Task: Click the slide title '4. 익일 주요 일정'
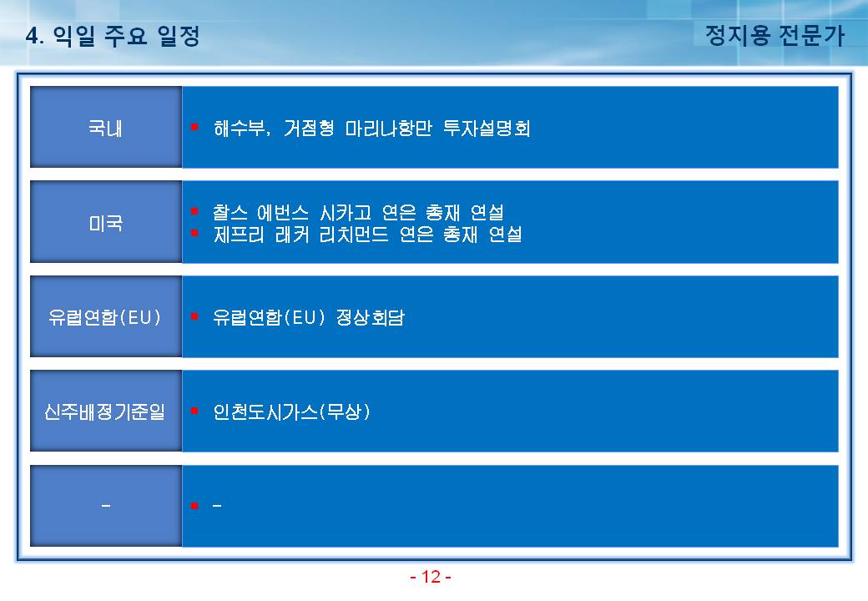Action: click(x=113, y=36)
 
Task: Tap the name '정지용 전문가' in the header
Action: click(x=775, y=35)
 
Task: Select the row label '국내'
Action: click(x=106, y=129)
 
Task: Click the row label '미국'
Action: click(x=106, y=223)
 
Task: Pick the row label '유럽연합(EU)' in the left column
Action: click(x=105, y=318)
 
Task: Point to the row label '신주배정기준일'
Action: click(x=105, y=412)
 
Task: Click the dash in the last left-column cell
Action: click(x=106, y=505)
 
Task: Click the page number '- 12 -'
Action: click(x=431, y=577)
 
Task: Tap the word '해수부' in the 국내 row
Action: click(x=240, y=129)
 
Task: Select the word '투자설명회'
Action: click(x=487, y=129)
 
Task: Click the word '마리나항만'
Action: click(x=388, y=129)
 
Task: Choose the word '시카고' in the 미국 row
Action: click(x=346, y=213)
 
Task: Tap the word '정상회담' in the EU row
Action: click(x=371, y=318)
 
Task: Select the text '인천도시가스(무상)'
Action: click(x=292, y=412)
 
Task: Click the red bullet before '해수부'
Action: click(x=194, y=127)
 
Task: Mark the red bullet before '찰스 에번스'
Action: click(x=194, y=211)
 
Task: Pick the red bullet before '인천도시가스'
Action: click(x=194, y=411)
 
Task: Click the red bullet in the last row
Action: click(x=194, y=505)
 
